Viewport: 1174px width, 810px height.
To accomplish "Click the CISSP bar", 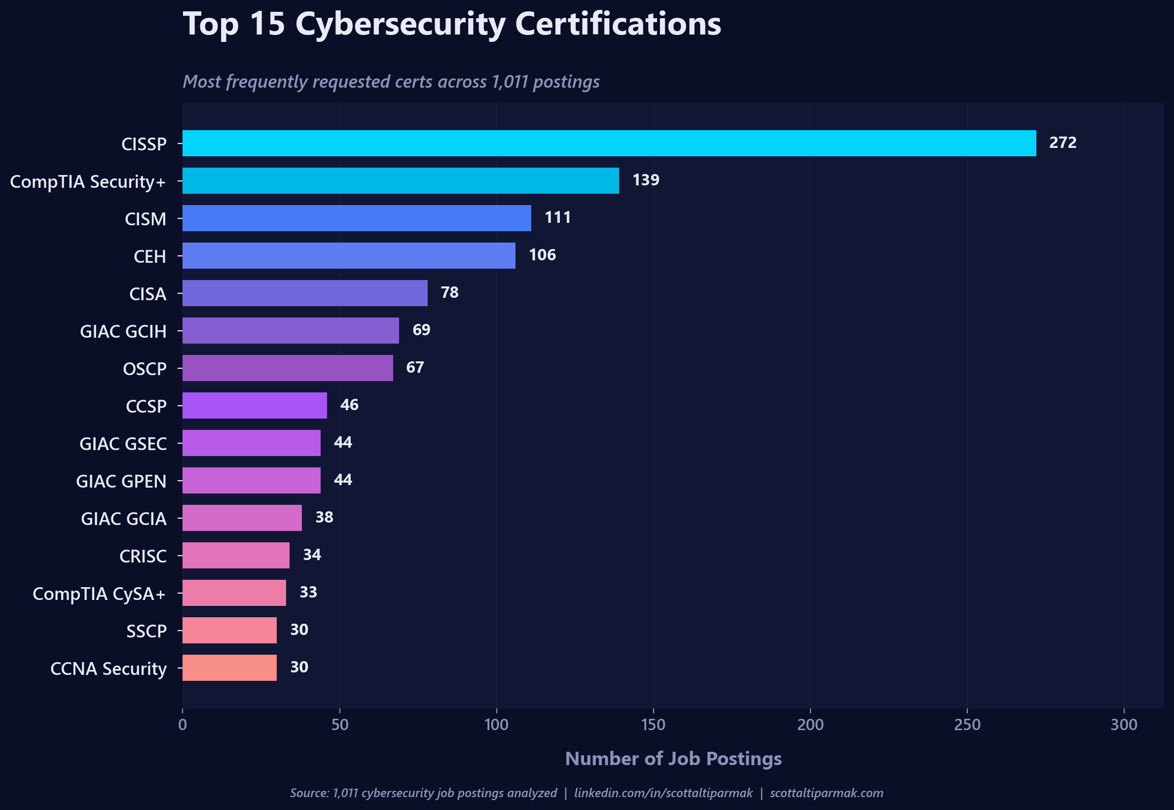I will (609, 143).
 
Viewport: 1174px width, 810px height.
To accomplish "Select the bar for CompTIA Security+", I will (401, 180).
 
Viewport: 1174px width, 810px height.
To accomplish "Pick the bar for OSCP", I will (288, 368).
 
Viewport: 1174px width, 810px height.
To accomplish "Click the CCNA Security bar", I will (229, 668).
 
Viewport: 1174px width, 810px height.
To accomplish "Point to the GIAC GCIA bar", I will (242, 518).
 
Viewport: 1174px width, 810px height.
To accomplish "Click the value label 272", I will (1063, 142).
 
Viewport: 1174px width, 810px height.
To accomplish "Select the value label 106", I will (542, 255).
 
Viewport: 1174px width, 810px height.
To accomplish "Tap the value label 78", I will (449, 292).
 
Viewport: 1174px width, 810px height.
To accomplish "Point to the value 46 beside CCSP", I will (349, 405).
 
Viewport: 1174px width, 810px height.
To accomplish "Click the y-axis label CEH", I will (149, 256).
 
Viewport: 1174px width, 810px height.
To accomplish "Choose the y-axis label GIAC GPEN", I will (121, 481).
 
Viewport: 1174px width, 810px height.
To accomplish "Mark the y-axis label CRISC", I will (143, 556).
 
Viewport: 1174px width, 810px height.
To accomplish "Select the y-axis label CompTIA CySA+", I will (99, 594).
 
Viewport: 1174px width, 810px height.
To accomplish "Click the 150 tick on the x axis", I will (653, 725).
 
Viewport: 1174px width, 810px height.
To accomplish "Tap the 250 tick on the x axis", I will (967, 725).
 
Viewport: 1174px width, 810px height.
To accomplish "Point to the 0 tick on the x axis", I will (183, 725).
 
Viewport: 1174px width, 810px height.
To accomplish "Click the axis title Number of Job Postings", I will (673, 759).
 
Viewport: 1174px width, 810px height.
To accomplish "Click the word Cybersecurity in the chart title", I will (401, 24).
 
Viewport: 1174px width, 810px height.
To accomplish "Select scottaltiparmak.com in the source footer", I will (826, 793).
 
